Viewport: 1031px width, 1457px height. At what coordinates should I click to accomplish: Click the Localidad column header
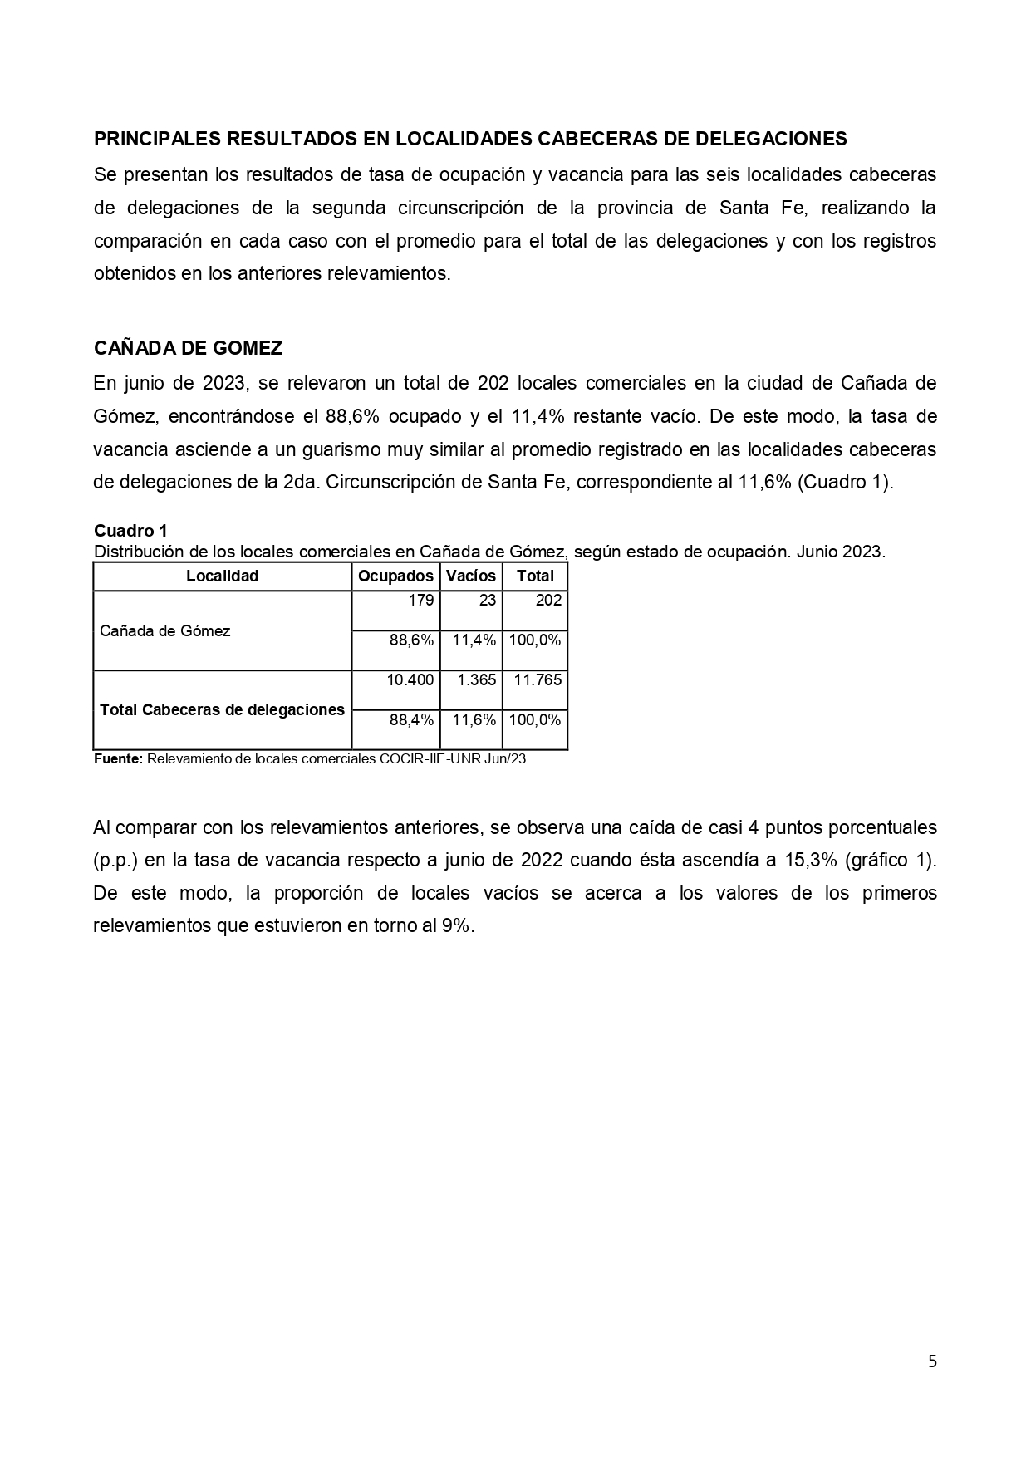[x=222, y=576]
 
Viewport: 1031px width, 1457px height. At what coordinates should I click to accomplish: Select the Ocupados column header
[x=395, y=576]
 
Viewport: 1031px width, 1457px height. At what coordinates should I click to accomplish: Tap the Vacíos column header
[x=471, y=576]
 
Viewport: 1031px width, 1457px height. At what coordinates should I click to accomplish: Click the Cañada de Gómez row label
[x=165, y=631]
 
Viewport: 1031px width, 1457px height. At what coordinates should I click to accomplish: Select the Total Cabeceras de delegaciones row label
[x=222, y=710]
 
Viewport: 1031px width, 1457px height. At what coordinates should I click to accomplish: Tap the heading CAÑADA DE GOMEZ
[x=188, y=348]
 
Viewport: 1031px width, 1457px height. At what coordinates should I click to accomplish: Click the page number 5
[x=932, y=1361]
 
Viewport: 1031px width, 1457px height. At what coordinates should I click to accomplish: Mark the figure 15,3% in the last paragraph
[x=810, y=861]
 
